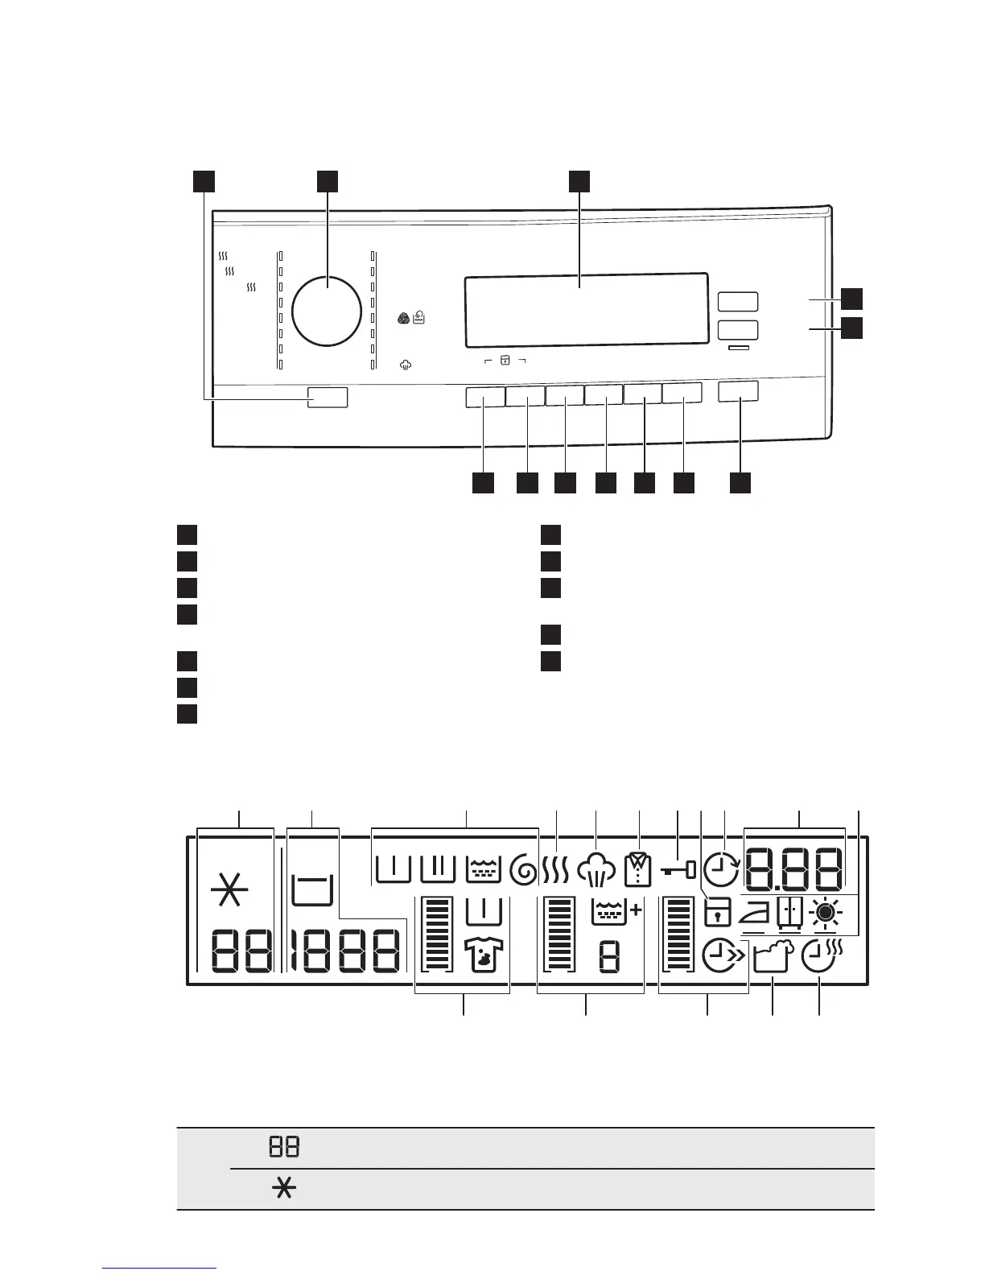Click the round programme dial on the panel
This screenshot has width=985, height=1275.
click(326, 311)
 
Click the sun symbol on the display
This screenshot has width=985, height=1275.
click(825, 914)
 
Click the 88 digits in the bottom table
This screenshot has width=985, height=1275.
click(284, 1147)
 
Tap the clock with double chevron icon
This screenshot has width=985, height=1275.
click(723, 956)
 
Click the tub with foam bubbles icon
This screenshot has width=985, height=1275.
click(773, 959)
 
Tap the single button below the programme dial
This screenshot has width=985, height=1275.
click(328, 397)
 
